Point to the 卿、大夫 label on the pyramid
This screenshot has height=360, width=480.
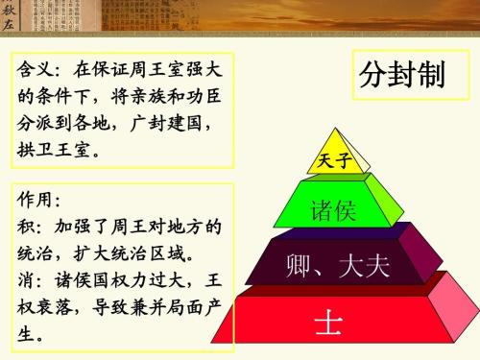click(337, 265)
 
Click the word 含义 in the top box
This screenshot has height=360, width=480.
click(36, 71)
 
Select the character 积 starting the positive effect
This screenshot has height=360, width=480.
click(26, 228)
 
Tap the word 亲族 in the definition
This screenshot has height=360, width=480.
click(132, 99)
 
